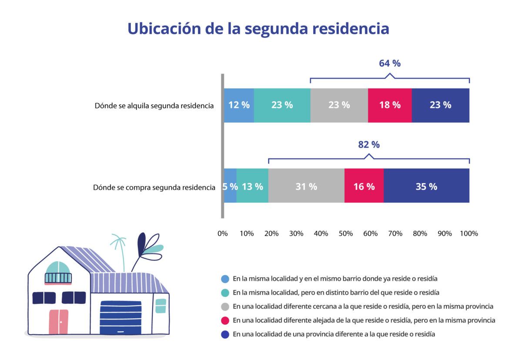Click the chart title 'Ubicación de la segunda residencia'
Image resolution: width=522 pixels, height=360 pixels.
click(258, 29)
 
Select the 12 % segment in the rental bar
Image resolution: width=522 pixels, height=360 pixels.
click(239, 105)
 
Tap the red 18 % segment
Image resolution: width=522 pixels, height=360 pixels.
click(390, 105)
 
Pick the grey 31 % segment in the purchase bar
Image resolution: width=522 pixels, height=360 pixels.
click(306, 186)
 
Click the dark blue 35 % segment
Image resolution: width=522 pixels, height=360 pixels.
click(426, 186)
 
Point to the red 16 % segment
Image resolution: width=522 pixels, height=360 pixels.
click(364, 186)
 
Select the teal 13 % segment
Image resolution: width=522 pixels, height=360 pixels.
click(252, 186)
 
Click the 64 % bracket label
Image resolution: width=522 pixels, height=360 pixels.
click(390, 63)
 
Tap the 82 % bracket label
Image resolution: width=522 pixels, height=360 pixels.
click(369, 145)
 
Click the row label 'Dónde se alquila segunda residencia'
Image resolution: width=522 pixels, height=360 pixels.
click(154, 106)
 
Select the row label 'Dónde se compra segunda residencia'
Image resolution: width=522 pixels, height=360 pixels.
click(154, 188)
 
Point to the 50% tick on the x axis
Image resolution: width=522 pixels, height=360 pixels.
click(346, 234)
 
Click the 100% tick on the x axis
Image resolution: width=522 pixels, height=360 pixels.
click(468, 234)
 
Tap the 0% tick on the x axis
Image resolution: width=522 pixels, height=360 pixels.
click(223, 234)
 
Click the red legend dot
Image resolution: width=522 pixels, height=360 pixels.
click(225, 320)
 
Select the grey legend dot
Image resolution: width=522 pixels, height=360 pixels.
click(225, 307)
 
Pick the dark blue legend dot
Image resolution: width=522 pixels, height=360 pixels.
click(225, 334)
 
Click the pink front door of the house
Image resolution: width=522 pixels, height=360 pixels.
click(58, 322)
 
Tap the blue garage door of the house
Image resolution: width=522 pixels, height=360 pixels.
click(120, 318)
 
